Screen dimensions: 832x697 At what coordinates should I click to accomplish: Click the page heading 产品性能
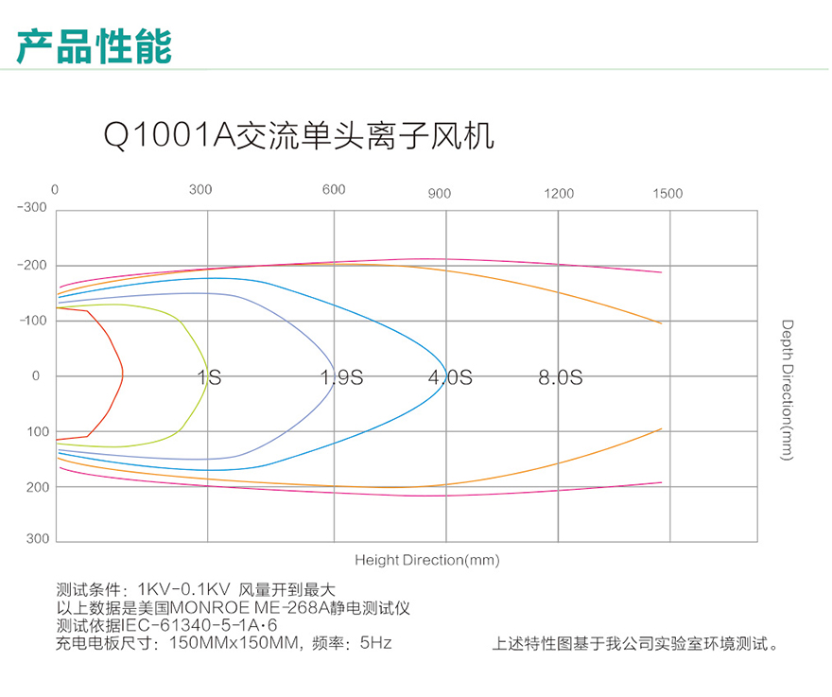[94, 46]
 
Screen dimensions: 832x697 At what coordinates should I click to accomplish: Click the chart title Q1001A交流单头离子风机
[299, 135]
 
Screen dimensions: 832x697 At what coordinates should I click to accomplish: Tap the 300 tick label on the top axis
[200, 189]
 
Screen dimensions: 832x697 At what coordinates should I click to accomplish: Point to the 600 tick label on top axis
[334, 189]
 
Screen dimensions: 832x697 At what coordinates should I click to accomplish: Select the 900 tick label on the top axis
[440, 193]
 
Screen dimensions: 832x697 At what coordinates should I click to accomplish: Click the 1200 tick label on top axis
[559, 193]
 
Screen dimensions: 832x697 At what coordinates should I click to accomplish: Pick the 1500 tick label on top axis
[667, 193]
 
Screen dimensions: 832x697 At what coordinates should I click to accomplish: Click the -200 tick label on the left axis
[32, 265]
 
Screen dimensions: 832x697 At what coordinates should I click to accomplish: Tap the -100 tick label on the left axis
[33, 320]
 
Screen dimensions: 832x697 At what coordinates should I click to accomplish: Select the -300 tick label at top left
[32, 207]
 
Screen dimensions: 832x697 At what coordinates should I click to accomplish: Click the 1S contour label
[209, 377]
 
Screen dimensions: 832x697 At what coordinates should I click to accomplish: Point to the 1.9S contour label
[341, 377]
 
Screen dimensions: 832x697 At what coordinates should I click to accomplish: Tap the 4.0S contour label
[450, 377]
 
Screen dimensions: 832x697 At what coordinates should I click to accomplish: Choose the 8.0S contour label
[561, 377]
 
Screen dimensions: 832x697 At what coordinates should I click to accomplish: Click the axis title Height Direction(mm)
[427, 560]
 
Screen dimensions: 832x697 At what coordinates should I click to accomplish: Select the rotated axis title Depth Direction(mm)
[787, 391]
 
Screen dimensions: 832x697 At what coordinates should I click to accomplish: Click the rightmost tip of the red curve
[123, 375]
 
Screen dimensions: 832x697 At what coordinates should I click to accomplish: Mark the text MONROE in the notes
[210, 607]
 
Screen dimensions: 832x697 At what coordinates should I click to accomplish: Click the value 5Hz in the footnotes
[375, 643]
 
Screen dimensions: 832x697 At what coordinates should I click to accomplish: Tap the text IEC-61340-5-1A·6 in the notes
[199, 625]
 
